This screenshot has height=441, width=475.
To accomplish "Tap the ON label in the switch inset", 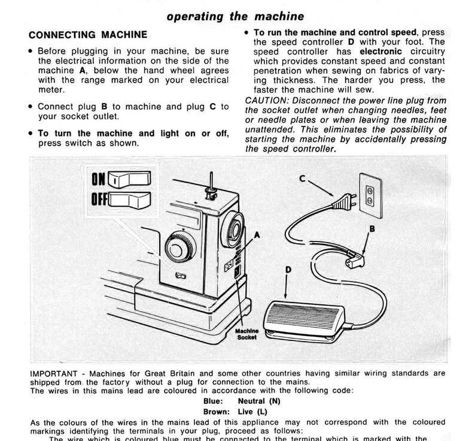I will click(x=98, y=179).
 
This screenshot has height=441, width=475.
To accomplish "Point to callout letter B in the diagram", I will click(x=372, y=228).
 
